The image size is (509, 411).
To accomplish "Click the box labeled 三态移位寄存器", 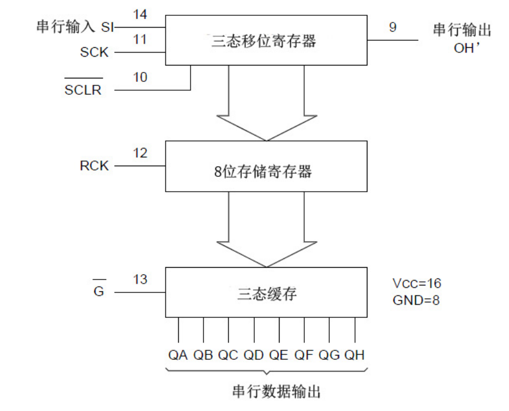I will click(x=266, y=40).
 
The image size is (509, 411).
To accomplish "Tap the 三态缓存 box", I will click(x=266, y=293).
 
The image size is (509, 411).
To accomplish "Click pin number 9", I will click(x=393, y=27).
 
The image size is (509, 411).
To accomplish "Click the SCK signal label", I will click(x=94, y=52).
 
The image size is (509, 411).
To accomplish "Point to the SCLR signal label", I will click(x=83, y=90).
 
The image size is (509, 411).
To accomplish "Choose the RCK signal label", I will click(x=94, y=166).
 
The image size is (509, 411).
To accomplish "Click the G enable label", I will click(x=99, y=291).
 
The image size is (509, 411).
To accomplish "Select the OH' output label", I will click(x=468, y=48).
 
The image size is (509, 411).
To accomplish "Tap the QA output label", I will click(x=178, y=356).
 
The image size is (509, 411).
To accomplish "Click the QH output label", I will click(x=354, y=356).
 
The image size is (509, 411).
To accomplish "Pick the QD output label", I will click(x=254, y=356).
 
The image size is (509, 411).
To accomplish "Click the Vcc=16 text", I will click(x=416, y=283).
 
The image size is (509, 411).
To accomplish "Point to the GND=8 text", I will click(x=416, y=300).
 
